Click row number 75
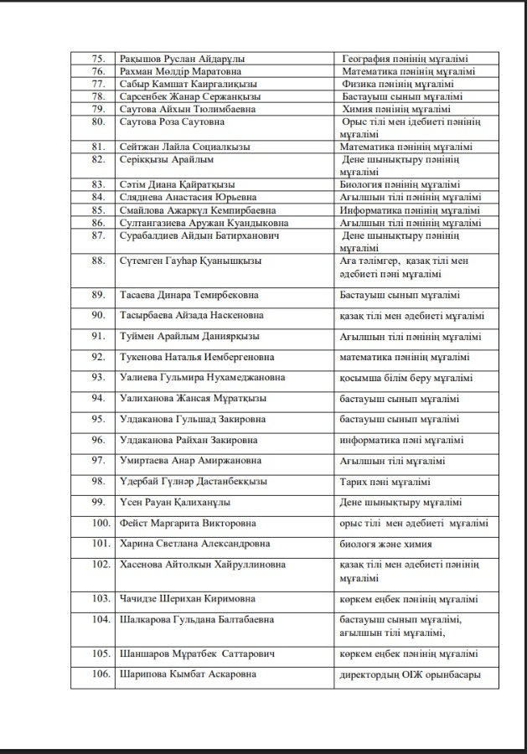(98, 59)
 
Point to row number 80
(98, 121)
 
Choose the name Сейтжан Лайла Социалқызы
(186, 147)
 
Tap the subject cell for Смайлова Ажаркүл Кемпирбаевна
(410, 210)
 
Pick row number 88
(98, 261)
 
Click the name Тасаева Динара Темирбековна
(189, 295)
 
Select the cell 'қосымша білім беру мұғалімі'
(406, 378)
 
